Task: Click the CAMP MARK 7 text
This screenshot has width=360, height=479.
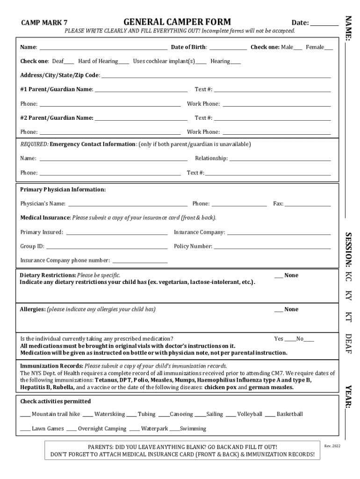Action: point(44,22)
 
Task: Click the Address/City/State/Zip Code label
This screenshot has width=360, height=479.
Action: point(59,75)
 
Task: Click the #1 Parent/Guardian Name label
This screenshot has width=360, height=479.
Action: point(57,89)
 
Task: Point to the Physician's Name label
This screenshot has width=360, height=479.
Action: point(43,204)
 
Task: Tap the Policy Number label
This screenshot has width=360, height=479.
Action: point(193,246)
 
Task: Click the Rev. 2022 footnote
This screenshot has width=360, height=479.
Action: point(332,446)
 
